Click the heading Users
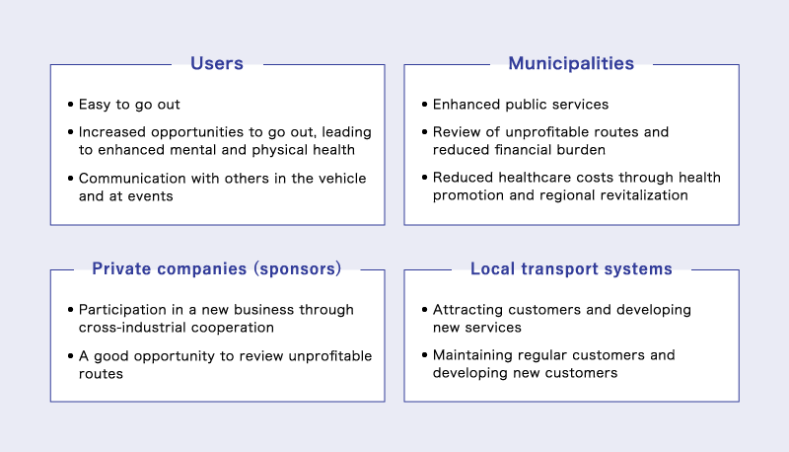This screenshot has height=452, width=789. point(217,63)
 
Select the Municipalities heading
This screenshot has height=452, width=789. point(571,63)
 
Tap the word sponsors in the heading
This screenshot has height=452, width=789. point(298,268)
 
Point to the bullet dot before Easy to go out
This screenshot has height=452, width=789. point(70,105)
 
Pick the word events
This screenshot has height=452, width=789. point(150,196)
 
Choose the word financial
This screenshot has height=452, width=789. point(526,150)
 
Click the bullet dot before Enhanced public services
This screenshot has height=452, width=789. point(425,105)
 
